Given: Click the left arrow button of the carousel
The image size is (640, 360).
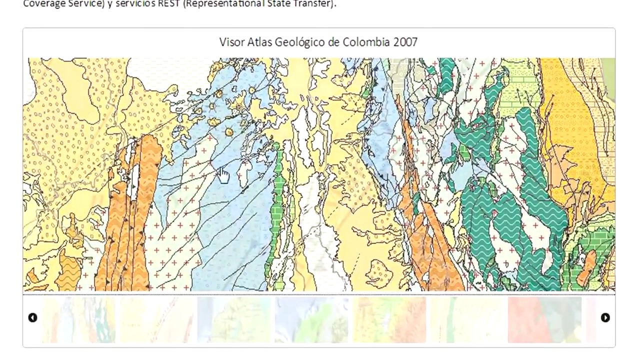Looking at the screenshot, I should (x=32, y=317).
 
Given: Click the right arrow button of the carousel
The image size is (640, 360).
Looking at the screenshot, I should (x=605, y=317).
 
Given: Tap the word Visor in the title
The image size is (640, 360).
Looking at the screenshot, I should (x=232, y=42).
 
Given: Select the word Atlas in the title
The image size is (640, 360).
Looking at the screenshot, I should (x=259, y=42).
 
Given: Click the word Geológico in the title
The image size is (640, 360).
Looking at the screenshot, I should (x=300, y=42).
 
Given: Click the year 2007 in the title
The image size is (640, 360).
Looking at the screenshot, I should (x=405, y=42).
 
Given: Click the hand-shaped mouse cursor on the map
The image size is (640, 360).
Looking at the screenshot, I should (x=223, y=175).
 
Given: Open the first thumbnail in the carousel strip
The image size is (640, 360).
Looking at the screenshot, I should (x=78, y=320).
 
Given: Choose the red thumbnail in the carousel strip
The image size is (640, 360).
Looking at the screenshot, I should (x=544, y=320).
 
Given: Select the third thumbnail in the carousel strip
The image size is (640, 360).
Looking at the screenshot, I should (x=233, y=320).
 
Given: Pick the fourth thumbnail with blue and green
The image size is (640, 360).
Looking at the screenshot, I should (x=311, y=320).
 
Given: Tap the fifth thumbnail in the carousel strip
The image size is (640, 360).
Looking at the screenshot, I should (x=389, y=320).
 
